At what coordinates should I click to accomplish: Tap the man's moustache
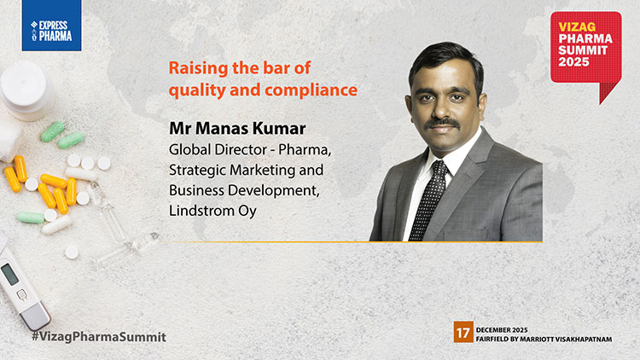click(442, 122)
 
